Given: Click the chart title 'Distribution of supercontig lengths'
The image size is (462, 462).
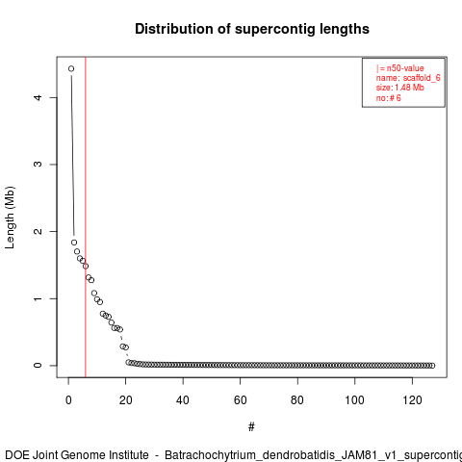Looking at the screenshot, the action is (x=252, y=29).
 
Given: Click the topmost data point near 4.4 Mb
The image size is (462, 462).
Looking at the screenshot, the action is (x=71, y=68).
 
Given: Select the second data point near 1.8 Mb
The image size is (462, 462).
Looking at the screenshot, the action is (x=74, y=243).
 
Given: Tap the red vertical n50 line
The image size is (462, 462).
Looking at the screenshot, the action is (x=86, y=218).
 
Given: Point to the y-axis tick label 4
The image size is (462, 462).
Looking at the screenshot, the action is (x=38, y=97).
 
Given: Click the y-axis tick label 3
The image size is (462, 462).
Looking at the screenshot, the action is (x=38, y=164).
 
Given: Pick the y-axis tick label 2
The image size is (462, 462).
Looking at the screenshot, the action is (x=38, y=231).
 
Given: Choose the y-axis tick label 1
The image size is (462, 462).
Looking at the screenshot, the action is (x=38, y=298).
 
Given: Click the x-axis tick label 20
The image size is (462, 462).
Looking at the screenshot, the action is (x=125, y=400).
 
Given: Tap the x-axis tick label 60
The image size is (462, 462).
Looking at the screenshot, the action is (x=240, y=400).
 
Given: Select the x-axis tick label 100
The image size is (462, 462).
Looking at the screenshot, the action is (x=354, y=400).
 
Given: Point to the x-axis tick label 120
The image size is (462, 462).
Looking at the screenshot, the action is (x=412, y=400).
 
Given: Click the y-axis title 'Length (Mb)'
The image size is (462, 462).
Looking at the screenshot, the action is (x=10, y=218).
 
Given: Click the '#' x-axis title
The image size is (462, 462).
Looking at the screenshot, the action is (x=251, y=427).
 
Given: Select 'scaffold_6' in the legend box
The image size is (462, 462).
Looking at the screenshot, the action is (x=422, y=78).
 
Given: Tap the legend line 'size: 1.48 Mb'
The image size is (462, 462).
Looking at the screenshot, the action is (x=400, y=88).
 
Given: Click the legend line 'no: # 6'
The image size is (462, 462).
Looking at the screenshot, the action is (x=389, y=98).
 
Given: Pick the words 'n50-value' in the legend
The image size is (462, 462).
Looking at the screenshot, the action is (x=405, y=68).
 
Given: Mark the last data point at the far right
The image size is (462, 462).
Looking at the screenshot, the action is (x=432, y=366).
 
